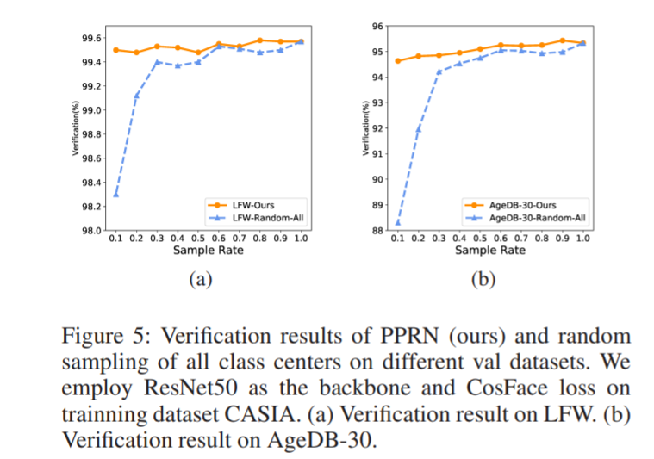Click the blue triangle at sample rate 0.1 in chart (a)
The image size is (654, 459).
pyautogui.click(x=115, y=194)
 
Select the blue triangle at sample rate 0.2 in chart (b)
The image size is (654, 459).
pyautogui.click(x=418, y=129)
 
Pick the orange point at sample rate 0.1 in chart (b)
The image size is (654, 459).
pyautogui.click(x=397, y=60)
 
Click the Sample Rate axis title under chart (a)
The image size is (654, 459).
pyautogui.click(x=208, y=251)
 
